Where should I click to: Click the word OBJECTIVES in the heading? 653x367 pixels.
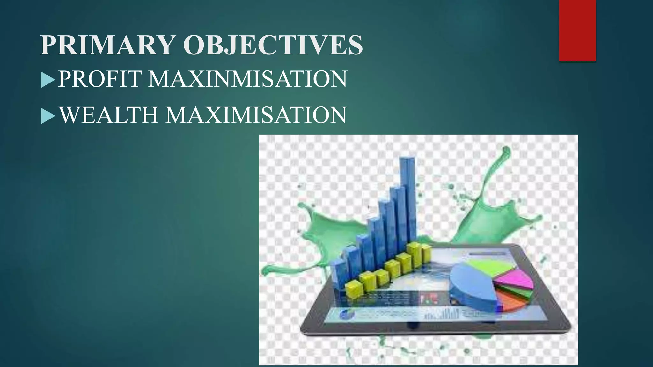pos(273,45)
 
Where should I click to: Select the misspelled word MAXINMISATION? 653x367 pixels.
pos(248,79)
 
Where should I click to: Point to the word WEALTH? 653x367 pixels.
pos(109,115)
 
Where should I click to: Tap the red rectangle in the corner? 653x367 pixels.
pos(577,31)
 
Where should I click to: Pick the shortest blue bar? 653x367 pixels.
pos(339,274)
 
